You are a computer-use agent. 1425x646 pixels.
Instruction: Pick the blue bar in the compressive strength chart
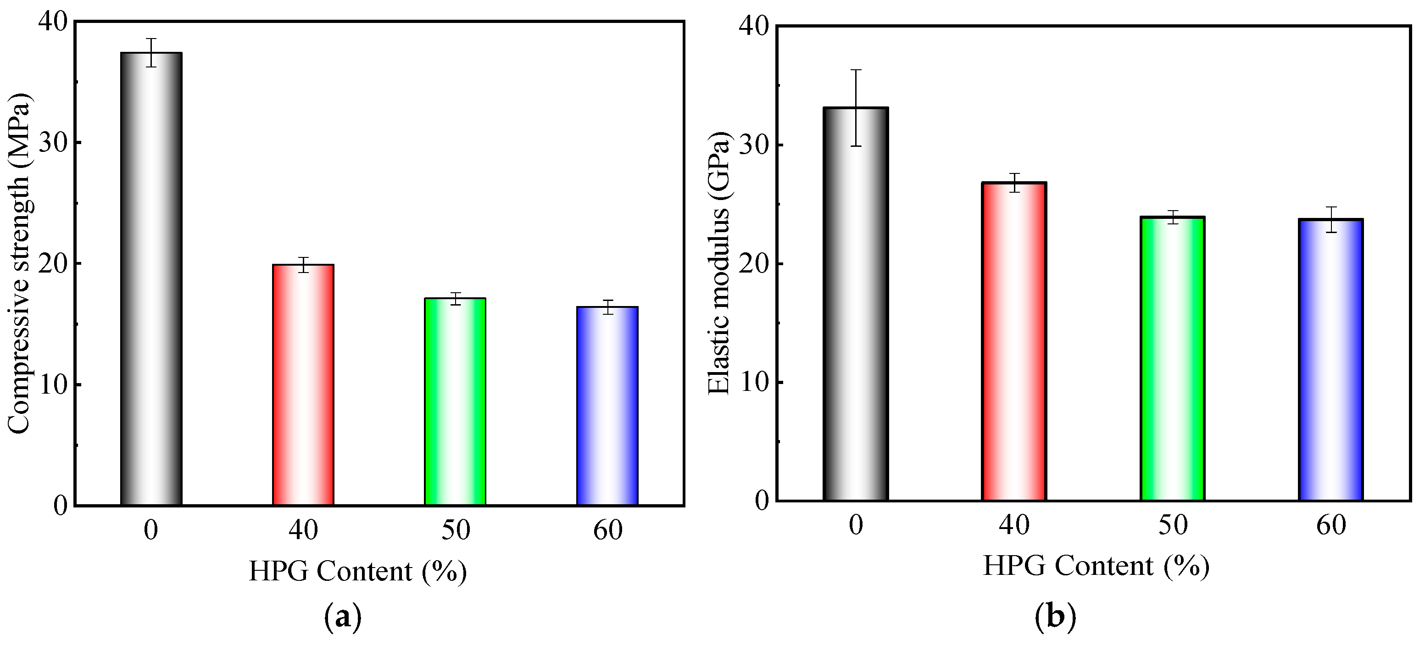coord(607,406)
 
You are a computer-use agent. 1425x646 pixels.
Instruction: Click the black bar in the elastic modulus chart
coord(856,304)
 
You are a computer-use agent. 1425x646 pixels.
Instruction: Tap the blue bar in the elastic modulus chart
coord(1331,360)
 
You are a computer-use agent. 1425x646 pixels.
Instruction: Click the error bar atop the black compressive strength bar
coord(151,53)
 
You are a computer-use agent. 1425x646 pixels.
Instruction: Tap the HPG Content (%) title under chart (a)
coord(358,571)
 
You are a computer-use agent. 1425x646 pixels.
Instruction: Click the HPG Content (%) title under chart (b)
coord(1096,566)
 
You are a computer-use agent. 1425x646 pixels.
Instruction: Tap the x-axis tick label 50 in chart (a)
coord(455,530)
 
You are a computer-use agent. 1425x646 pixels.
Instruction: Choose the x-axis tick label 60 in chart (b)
coord(1331,525)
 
